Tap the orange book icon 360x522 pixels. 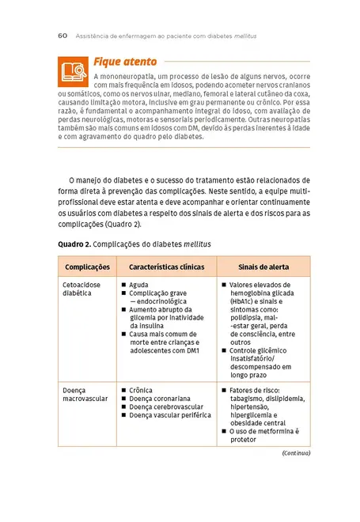tap(73, 71)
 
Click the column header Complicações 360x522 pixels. tap(87, 267)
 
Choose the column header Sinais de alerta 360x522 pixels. tap(263, 267)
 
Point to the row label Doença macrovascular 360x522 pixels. tap(85, 395)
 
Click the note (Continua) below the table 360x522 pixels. tap(296, 453)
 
